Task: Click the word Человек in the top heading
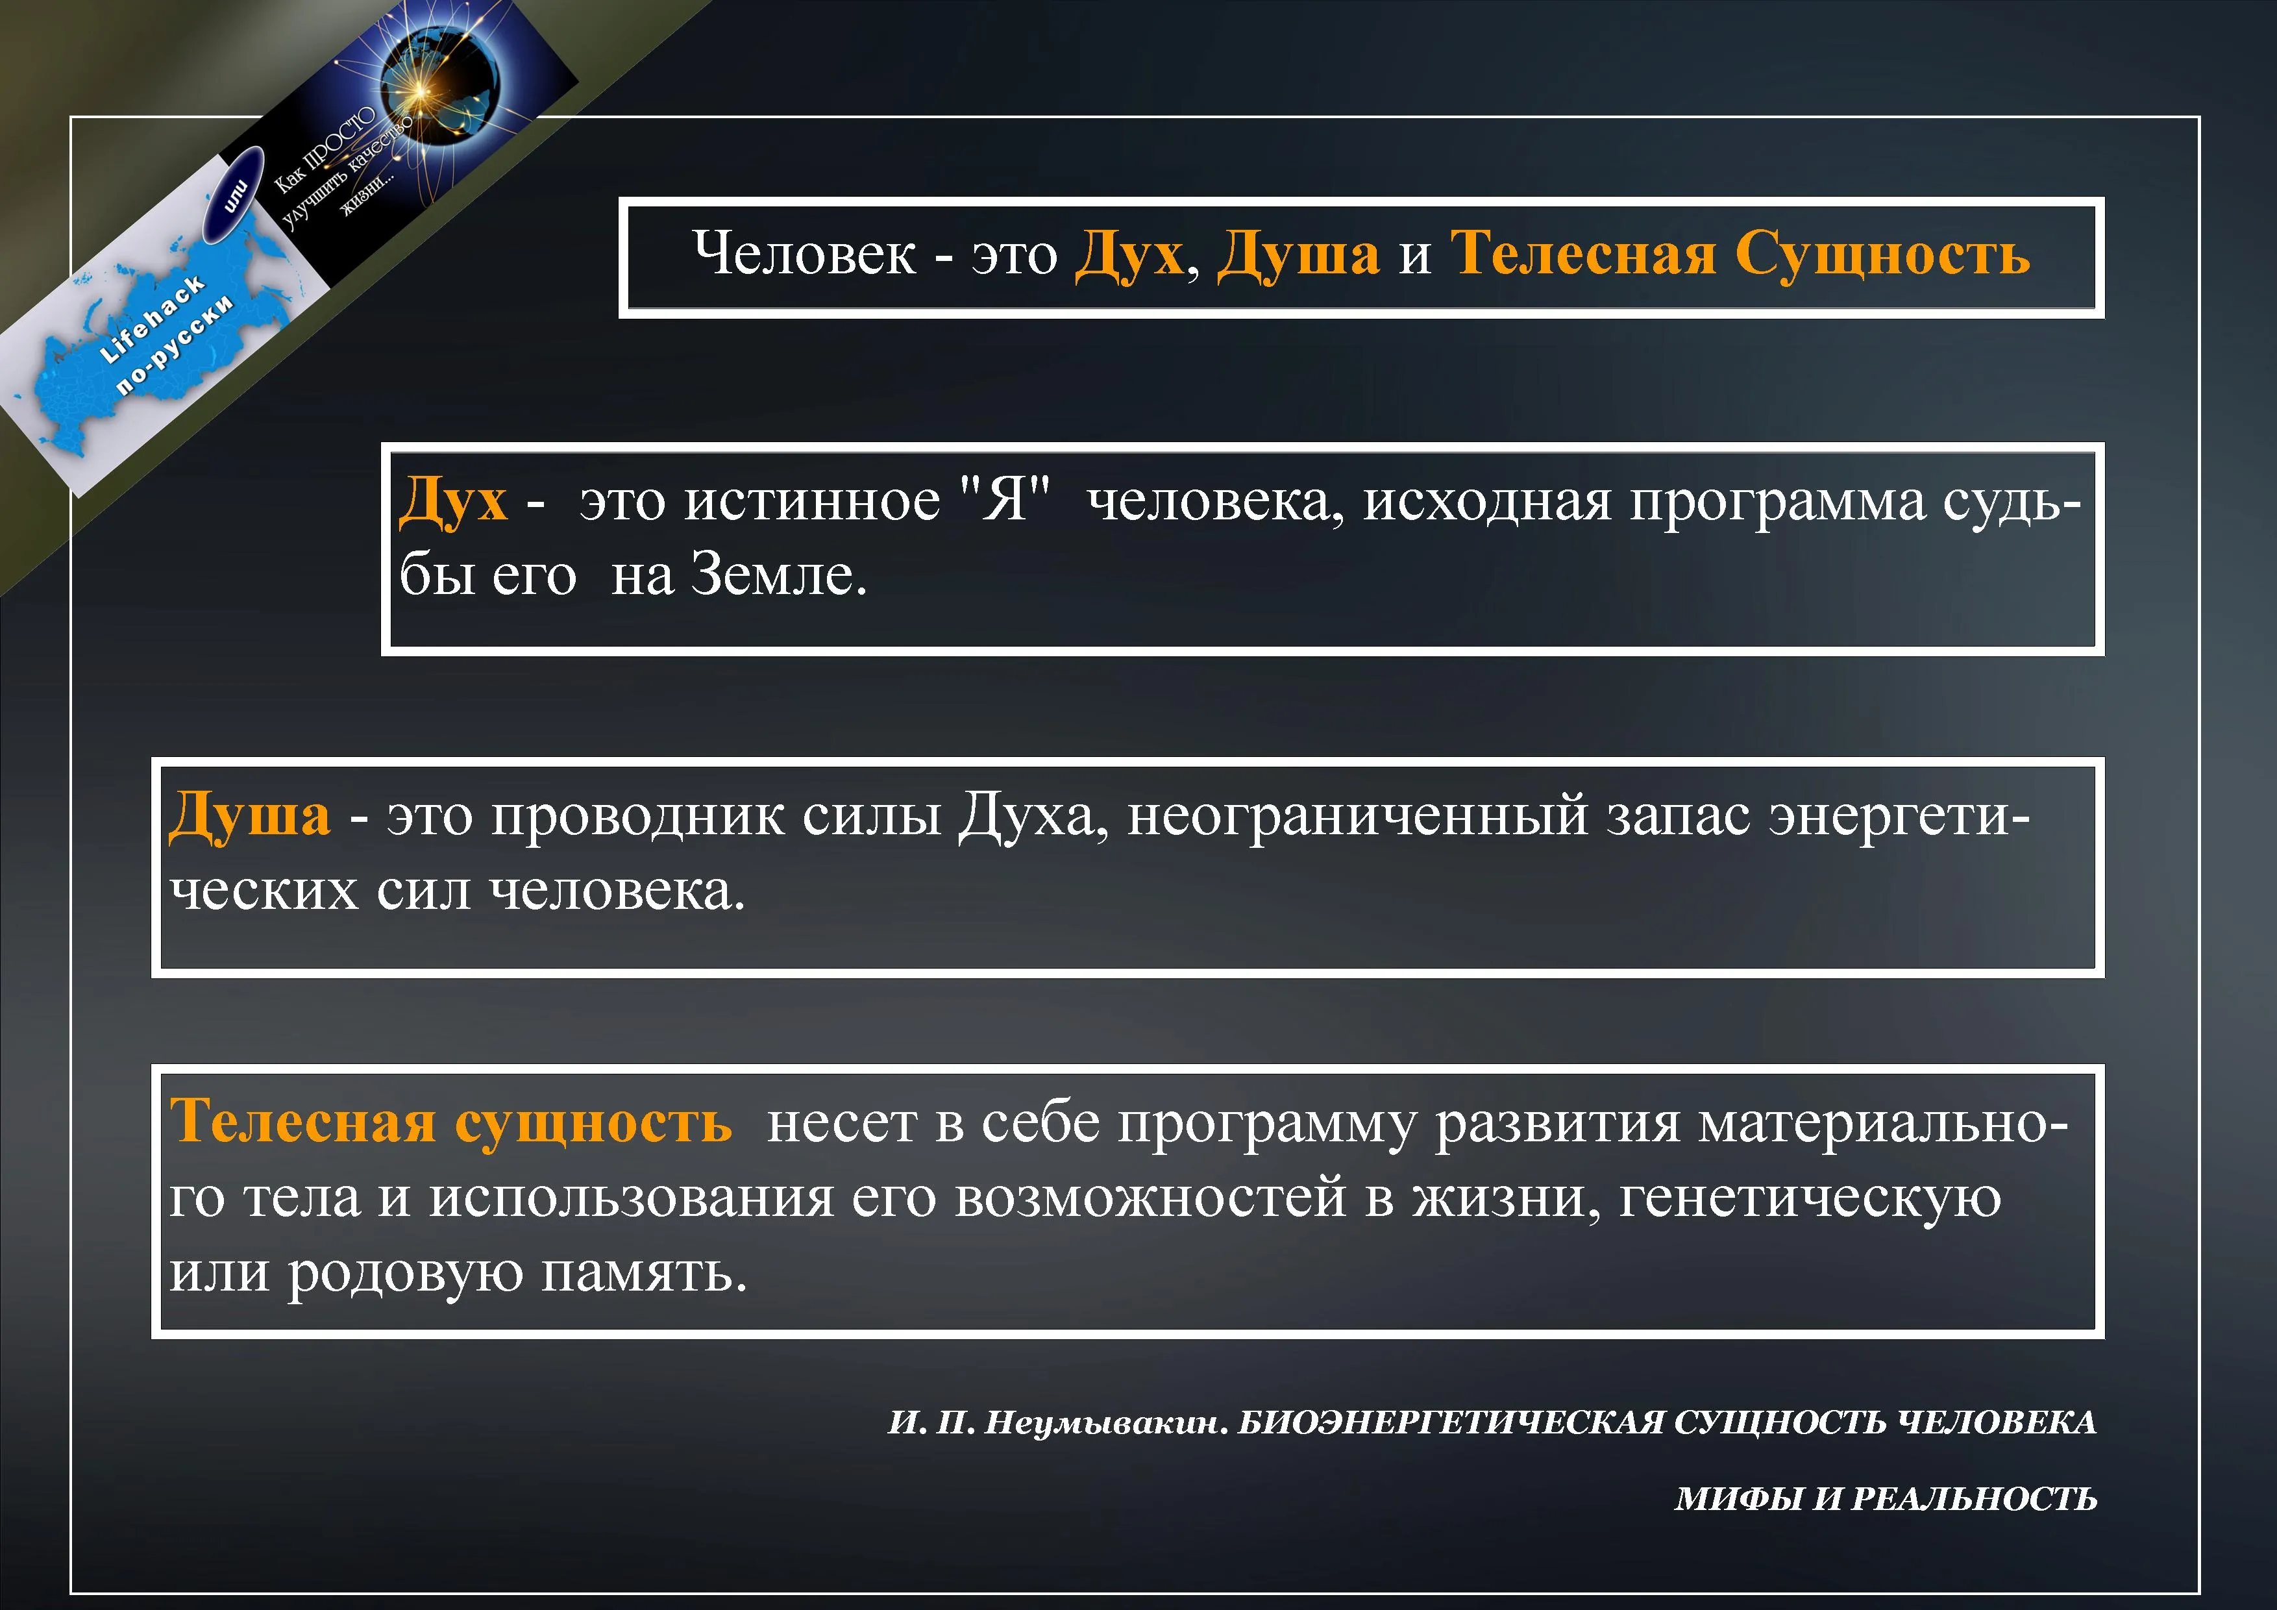point(804,253)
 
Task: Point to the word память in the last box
point(644,1272)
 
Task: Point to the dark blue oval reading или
point(234,194)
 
